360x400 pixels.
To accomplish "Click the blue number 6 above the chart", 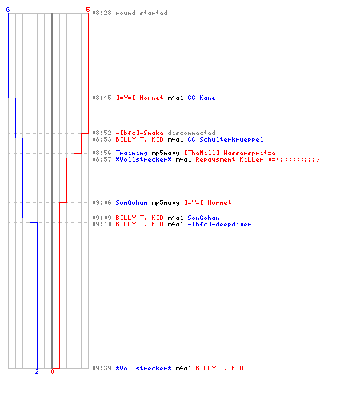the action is pyautogui.click(x=8, y=10).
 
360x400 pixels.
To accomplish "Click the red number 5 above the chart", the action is pyautogui.click(x=88, y=10).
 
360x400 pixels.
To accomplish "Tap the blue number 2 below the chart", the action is pyautogui.click(x=37, y=371).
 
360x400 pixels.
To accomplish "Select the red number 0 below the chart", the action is pyautogui.click(x=52, y=371).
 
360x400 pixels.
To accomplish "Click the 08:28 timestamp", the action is pyautogui.click(x=102, y=13).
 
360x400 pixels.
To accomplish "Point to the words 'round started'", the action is pyautogui.click(x=142, y=13).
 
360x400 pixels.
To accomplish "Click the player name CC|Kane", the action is pyautogui.click(x=202, y=98).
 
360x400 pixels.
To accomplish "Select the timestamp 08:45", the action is pyautogui.click(x=102, y=98).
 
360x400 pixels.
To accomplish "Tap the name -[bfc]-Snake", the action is pyautogui.click(x=139, y=133).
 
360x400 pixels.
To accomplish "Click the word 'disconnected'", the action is pyautogui.click(x=191, y=133).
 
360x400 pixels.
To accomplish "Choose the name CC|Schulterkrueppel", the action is pyautogui.click(x=226, y=139).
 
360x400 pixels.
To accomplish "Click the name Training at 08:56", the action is pyautogui.click(x=131, y=153).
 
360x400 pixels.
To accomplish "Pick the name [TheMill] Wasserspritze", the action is pyautogui.click(x=230, y=153).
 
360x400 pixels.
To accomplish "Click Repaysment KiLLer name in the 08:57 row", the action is pyautogui.click(x=230, y=159).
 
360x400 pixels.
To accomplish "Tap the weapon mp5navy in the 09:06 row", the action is pyautogui.click(x=166, y=202).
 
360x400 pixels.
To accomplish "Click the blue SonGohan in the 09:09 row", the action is pyautogui.click(x=203, y=218).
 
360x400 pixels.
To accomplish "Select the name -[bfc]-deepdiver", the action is pyautogui.click(x=219, y=224).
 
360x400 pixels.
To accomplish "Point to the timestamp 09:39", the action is pyautogui.click(x=102, y=368).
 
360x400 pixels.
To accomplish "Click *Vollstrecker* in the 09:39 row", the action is pyautogui.click(x=143, y=368).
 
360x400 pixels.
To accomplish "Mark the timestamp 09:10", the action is pyautogui.click(x=102, y=224).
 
